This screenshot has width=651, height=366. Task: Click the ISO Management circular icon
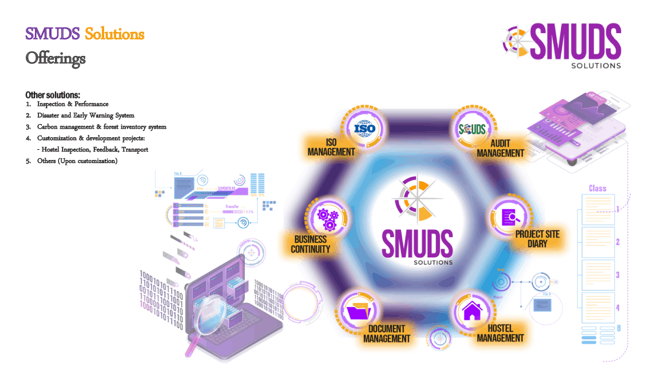tap(364, 128)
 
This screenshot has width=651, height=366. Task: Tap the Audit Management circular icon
tap(472, 129)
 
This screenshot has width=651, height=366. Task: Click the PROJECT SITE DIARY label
tap(537, 239)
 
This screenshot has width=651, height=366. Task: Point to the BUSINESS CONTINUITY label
tap(311, 244)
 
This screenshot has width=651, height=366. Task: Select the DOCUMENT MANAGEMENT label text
tap(387, 333)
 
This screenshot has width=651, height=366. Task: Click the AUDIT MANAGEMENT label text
tap(500, 148)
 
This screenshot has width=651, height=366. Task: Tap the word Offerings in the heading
tap(55, 58)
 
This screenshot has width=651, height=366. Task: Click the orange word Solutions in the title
tap(114, 34)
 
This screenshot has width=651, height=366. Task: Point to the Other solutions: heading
tap(53, 94)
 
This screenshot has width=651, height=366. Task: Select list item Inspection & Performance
tap(73, 104)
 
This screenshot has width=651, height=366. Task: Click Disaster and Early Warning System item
tap(86, 116)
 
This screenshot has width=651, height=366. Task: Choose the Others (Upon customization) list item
tap(77, 161)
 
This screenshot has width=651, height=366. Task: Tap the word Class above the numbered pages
tap(597, 188)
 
